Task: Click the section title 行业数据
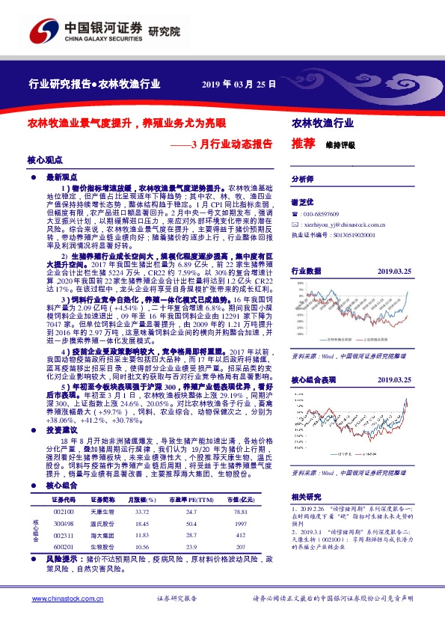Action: pyautogui.click(x=306, y=270)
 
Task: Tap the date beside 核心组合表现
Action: pyautogui.click(x=395, y=380)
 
